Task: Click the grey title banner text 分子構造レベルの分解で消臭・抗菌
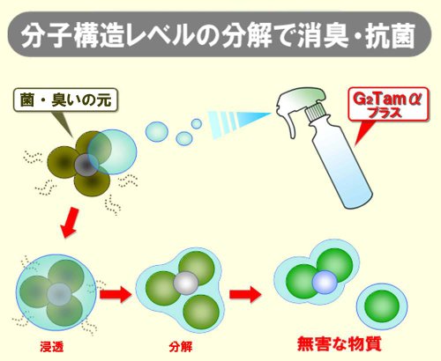218,35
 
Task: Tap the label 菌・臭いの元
66,100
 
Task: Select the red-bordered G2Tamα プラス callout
388,104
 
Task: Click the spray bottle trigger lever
288,123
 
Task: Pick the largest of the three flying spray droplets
157,132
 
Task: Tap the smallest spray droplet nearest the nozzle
197,123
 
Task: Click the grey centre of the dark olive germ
86,165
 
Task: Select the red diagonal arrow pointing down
70,223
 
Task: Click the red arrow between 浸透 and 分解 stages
116,294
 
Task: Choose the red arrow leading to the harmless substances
245,294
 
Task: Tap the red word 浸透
52,348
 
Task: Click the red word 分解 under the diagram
181,347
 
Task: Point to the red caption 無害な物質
340,343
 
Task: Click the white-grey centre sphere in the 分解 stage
186,284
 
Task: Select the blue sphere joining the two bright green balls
325,282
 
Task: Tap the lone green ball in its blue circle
382,306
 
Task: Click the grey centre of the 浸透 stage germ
59,294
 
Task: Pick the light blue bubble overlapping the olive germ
112,151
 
